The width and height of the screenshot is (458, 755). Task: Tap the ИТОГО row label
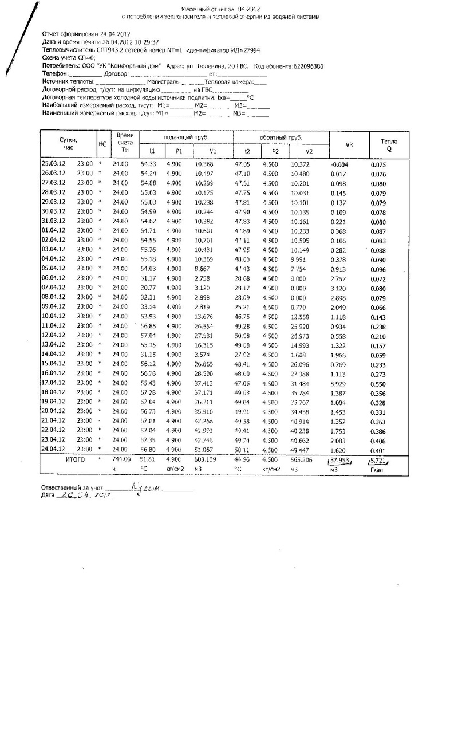pyautogui.click(x=75, y=459)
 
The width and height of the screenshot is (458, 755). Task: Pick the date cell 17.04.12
pyautogui.click(x=54, y=382)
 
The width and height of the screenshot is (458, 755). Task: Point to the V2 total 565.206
pyautogui.click(x=302, y=459)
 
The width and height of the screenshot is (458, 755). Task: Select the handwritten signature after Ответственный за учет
pyautogui.click(x=146, y=488)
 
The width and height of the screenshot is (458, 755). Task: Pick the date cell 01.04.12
pyautogui.click(x=54, y=230)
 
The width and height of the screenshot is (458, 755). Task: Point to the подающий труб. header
pyautogui.click(x=186, y=137)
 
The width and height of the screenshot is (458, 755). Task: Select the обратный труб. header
pyautogui.click(x=281, y=137)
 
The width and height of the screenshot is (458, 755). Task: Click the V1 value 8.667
pyautogui.click(x=203, y=268)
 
